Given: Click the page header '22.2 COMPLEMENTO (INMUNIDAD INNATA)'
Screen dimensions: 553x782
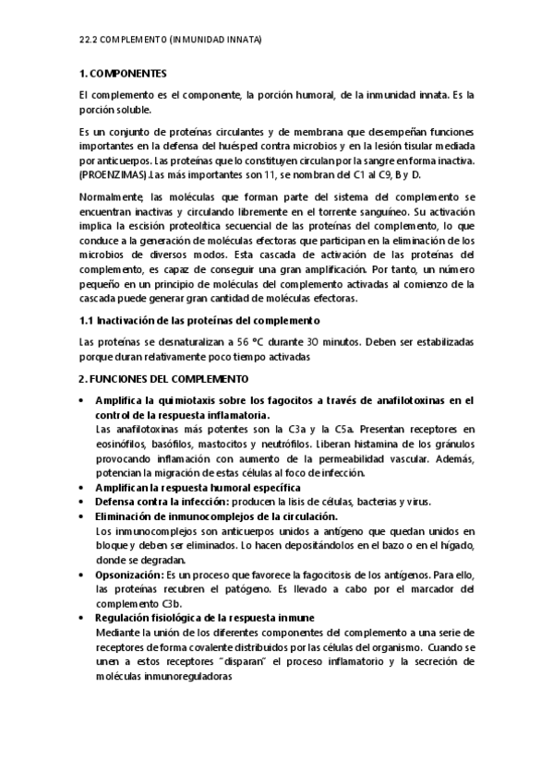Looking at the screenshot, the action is (170, 41).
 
